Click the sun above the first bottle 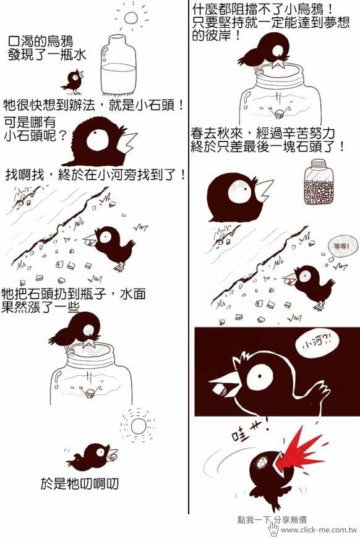coord(131,18)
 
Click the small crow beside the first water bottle coord(73,82)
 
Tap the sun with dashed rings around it coord(138,427)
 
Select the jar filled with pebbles coord(319,182)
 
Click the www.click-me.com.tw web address coord(319,530)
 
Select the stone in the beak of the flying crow coord(113,457)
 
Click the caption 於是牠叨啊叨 coord(79,484)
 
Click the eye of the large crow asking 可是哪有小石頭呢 coord(96,140)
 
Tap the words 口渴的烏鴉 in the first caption coord(40,41)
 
